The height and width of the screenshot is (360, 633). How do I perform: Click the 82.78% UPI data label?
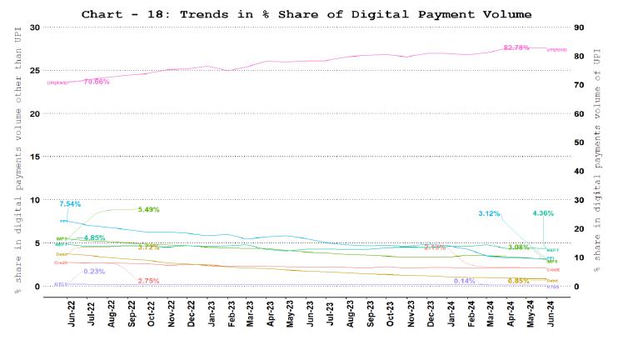pos(516,47)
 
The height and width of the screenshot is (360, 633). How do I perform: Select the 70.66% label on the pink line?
pos(97,81)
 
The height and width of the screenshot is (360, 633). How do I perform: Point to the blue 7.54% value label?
pos(70,203)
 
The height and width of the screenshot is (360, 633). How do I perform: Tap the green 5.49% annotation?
pos(148,209)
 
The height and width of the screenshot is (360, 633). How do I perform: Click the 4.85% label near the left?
pos(94,237)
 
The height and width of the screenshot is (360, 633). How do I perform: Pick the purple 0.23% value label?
pos(94,271)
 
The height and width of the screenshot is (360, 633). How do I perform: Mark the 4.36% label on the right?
pos(543,213)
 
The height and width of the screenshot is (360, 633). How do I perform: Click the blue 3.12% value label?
pos(489,213)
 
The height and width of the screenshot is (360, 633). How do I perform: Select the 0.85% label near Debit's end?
pos(518,281)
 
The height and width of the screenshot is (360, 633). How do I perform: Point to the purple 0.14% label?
pos(464,281)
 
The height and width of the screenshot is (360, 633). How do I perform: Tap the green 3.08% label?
pos(518,247)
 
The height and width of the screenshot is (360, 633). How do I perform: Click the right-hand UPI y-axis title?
pos(597,157)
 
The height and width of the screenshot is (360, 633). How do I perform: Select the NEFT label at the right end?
pos(551,250)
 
